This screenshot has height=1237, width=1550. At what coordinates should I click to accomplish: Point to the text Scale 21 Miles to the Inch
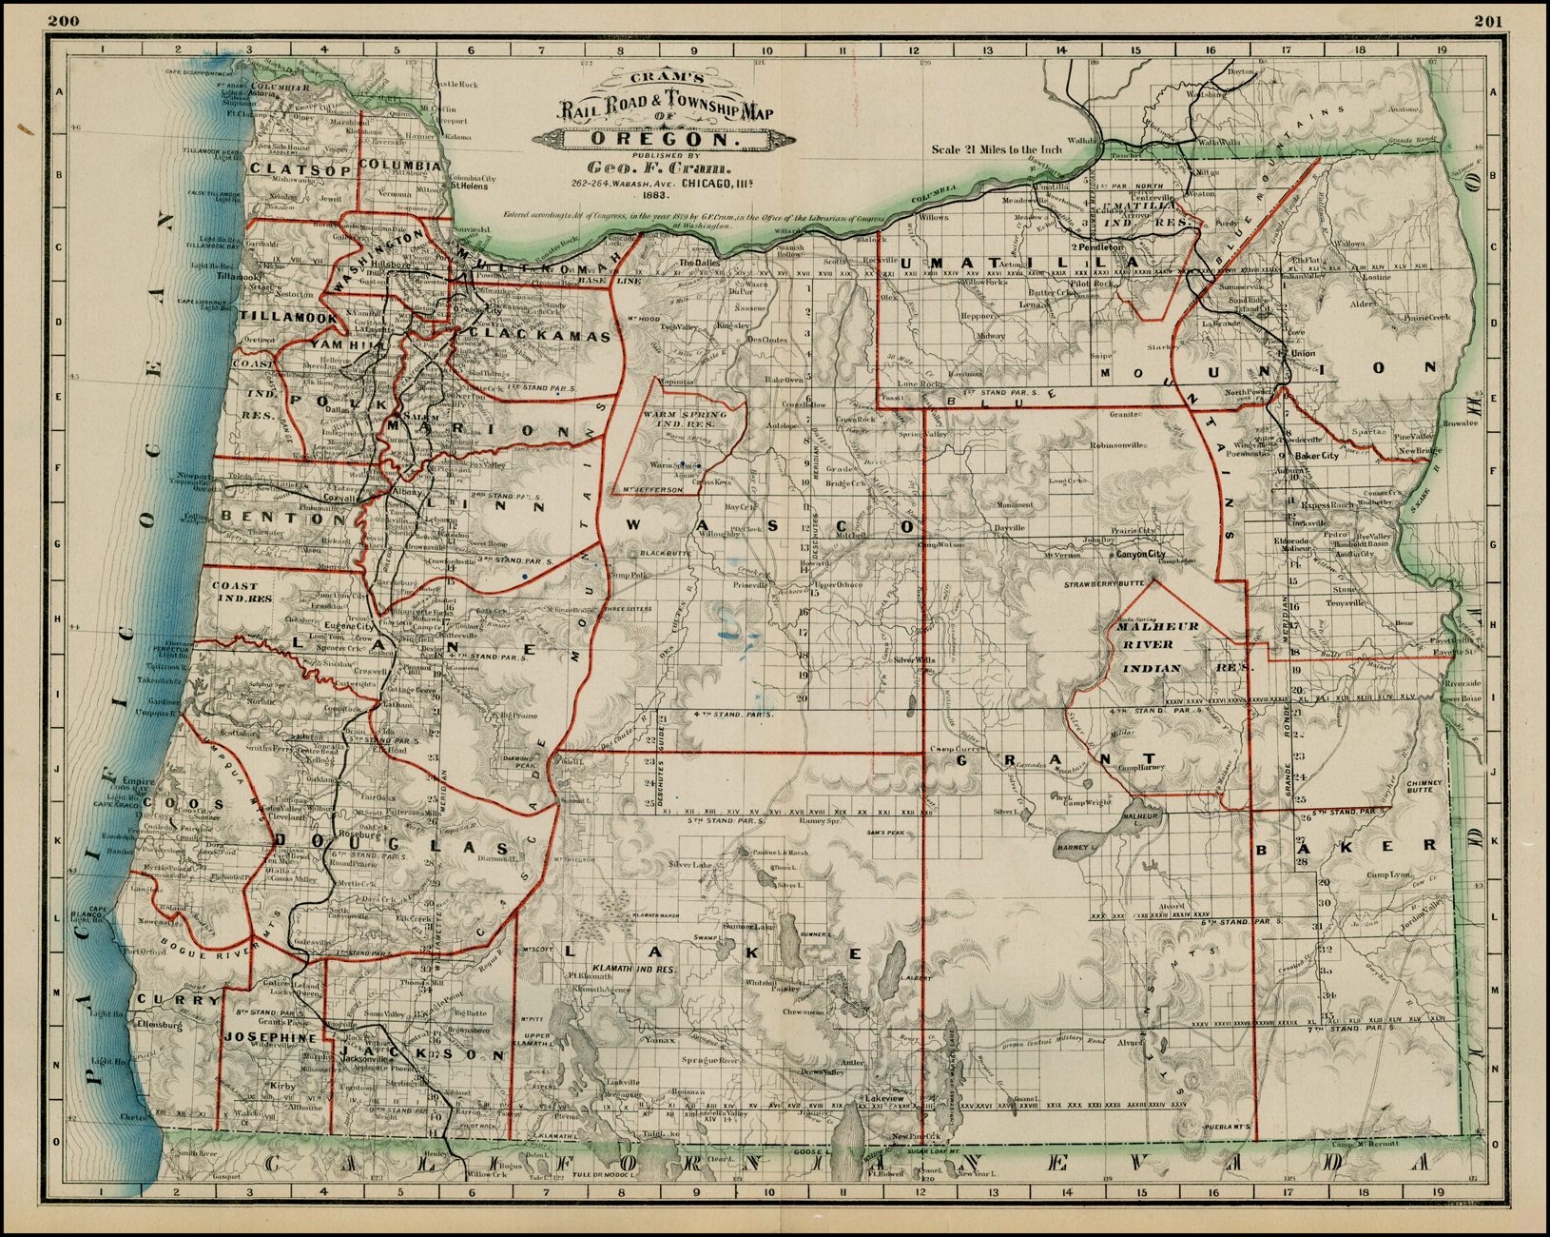[x=996, y=149]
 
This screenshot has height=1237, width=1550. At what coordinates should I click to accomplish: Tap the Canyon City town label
[x=1140, y=554]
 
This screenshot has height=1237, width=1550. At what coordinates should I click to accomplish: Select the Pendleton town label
[x=1101, y=246]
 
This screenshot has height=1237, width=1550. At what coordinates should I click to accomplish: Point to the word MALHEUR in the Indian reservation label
[x=1157, y=626]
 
